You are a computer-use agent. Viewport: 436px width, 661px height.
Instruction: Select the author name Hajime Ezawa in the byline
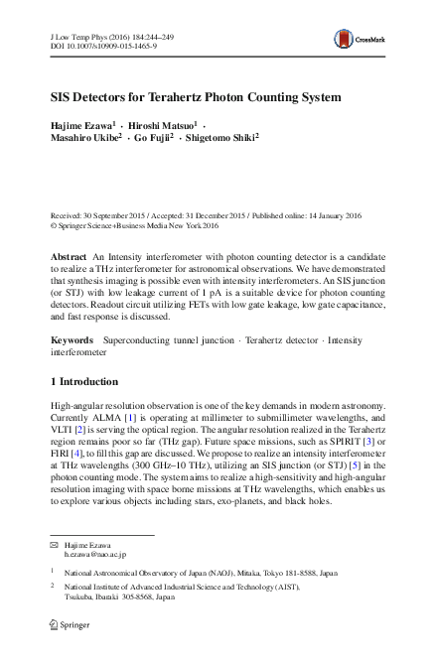[83, 129]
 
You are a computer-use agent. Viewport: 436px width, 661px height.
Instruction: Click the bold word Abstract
[68, 257]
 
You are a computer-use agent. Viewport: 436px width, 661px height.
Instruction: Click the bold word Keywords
[71, 339]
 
